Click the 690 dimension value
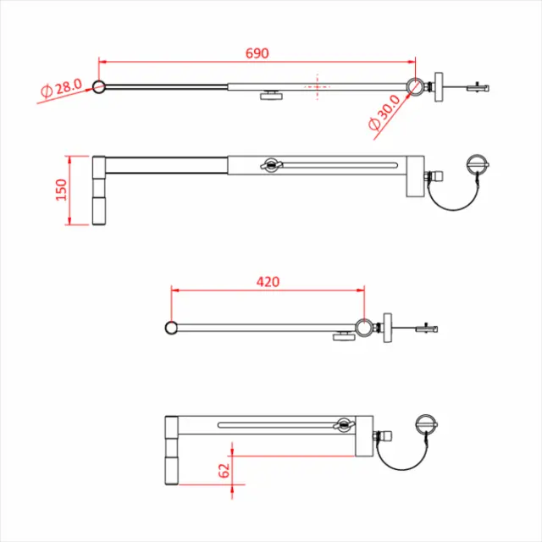coord(257,53)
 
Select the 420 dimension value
coord(268,281)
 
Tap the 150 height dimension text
coord(60,191)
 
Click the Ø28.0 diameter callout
coord(61,87)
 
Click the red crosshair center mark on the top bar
coord(317,86)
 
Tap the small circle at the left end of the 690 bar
coord(99,86)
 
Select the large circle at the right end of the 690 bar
coord(416,87)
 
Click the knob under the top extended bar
coord(271,95)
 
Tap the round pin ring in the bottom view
coord(426,423)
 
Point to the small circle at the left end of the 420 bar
coord(171,328)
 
